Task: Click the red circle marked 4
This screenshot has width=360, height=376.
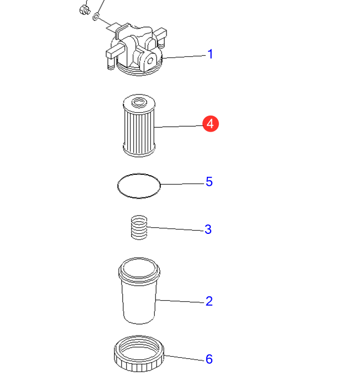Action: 211,124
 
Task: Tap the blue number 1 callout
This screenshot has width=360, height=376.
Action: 210,54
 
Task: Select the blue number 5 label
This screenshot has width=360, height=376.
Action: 209,181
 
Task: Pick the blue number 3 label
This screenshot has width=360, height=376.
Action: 208,229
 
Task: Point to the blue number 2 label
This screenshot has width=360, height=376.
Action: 209,301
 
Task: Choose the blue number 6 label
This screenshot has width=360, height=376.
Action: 209,359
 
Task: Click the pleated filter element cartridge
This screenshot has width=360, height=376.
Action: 139,126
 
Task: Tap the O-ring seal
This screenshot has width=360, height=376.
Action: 118,186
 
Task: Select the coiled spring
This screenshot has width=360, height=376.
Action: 139,227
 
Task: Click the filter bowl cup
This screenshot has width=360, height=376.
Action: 139,291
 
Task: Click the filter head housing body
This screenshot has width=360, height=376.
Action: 136,49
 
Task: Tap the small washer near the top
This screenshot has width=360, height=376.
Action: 96,17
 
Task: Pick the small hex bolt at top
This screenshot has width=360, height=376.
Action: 84,10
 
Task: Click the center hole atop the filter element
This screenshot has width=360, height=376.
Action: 139,102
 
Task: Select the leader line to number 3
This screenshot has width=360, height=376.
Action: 175,229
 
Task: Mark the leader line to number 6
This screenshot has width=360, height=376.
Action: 185,358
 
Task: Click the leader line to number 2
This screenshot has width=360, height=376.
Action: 181,301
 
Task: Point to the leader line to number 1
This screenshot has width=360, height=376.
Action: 184,56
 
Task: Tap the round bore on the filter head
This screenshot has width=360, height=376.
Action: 150,61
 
